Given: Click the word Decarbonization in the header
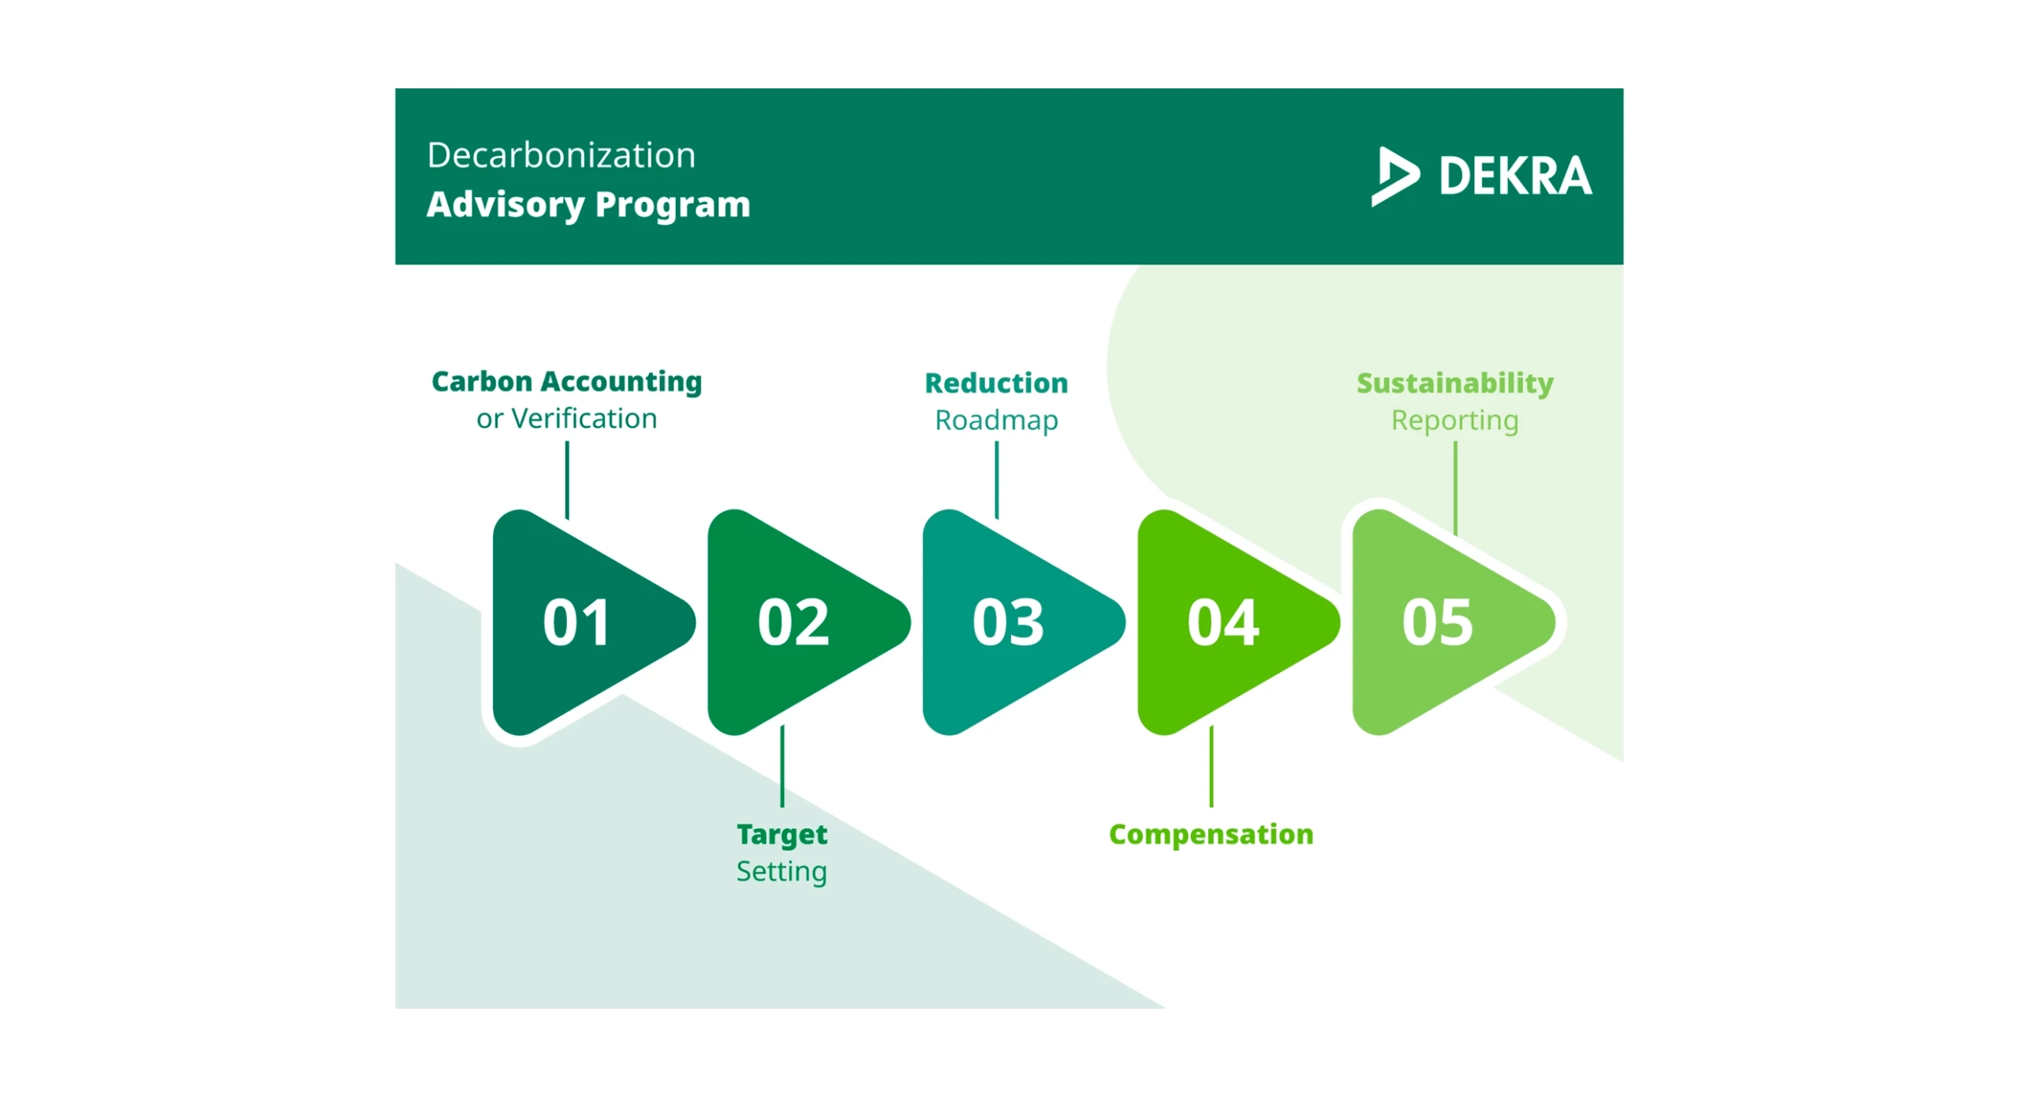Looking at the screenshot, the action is tap(561, 155).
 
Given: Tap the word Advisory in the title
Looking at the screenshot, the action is tap(505, 205).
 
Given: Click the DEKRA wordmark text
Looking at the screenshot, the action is tap(1515, 176).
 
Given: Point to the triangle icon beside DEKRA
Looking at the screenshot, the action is tap(1394, 176).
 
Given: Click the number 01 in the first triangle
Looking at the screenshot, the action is tap(577, 622).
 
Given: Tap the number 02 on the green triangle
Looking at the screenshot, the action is tap(793, 622).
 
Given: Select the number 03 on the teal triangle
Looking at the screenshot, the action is tap(1008, 622).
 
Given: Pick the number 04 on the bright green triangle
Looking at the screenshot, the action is tap(1223, 622).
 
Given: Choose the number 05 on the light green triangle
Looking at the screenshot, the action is tap(1437, 622).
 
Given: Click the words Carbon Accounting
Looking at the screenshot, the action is tap(566, 382).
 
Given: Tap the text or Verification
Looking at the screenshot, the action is tap(566, 418).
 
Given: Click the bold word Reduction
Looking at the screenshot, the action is tap(996, 383).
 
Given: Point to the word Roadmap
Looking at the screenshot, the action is tap(996, 420).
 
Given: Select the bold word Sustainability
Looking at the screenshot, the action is tap(1455, 384).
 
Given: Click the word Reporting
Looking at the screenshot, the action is tap(1455, 421).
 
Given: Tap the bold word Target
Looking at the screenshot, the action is tap(782, 835).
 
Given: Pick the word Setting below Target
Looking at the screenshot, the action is tap(782, 872).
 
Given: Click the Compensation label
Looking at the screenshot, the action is tap(1211, 835).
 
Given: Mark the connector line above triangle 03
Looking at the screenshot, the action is tap(997, 479).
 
